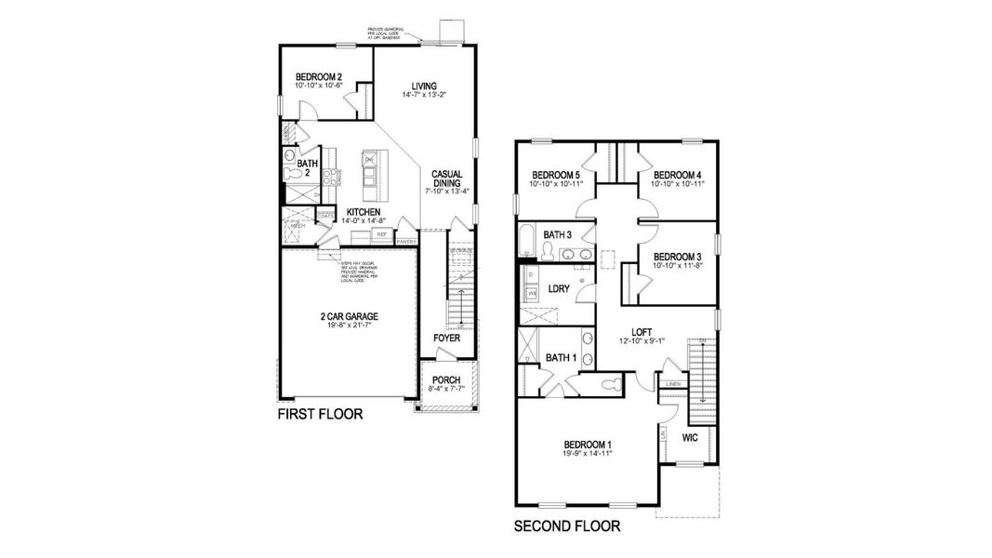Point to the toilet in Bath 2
pos(290,172)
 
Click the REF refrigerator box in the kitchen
pos(382,233)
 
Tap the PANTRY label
pos(406,241)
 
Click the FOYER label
pos(447,338)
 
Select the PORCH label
pos(447,379)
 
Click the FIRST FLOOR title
pos(320,414)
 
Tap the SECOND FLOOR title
pos(566,526)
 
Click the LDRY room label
pos(560,288)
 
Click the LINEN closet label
pos(672,384)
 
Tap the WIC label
pos(690,436)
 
